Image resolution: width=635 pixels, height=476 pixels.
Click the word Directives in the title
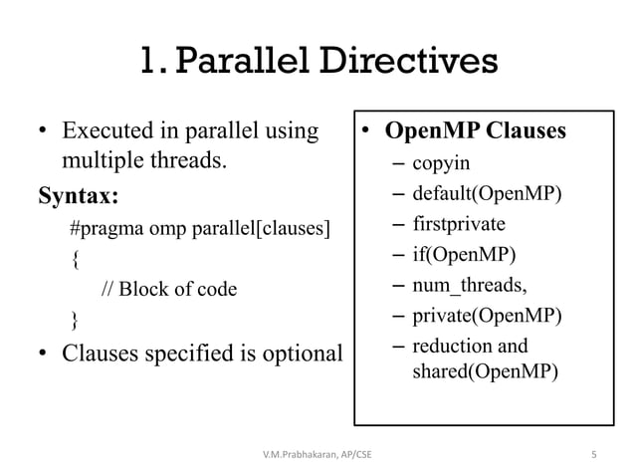(403, 62)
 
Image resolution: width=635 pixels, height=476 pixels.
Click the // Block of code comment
(169, 290)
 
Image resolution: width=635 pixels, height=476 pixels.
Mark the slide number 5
(593, 456)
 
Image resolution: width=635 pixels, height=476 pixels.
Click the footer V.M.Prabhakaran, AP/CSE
(317, 456)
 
